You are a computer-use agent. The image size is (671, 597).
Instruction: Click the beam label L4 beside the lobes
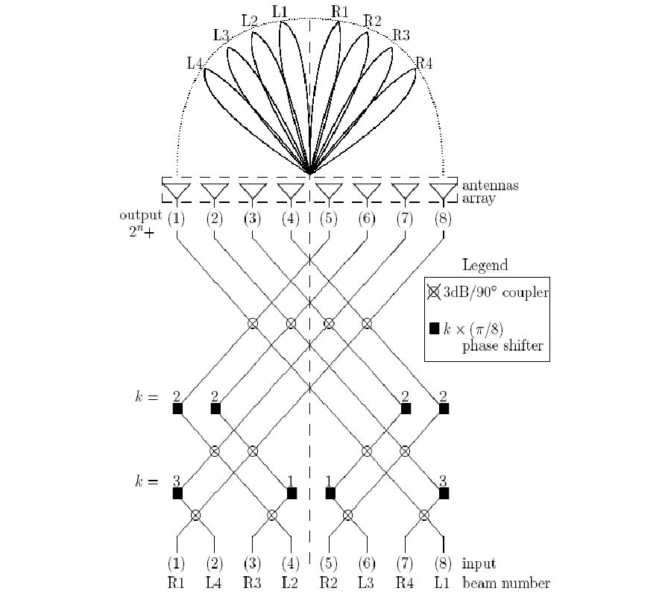[195, 63]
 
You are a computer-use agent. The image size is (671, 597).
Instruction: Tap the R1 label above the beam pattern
[341, 11]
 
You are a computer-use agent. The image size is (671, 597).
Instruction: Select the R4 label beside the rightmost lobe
[423, 63]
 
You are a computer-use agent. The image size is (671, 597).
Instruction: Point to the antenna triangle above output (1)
[177, 190]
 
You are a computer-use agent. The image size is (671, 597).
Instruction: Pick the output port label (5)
[329, 219]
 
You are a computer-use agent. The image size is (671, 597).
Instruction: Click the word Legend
[485, 265]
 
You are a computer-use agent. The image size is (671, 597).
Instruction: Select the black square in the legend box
[434, 327]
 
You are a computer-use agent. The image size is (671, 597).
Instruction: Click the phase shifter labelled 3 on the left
[177, 493]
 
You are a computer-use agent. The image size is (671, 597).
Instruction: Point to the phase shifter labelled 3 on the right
[444, 493]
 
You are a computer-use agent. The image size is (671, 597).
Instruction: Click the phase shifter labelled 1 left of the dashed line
[292, 493]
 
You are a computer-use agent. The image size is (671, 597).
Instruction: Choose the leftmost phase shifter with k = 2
[177, 409]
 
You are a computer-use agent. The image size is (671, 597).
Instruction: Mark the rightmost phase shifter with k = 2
[444, 409]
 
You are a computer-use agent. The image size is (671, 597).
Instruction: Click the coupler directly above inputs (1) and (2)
[196, 514]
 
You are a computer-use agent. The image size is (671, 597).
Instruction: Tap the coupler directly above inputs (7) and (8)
[424, 514]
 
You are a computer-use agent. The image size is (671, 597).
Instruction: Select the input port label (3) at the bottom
[253, 564]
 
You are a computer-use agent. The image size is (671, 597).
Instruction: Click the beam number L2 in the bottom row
[291, 583]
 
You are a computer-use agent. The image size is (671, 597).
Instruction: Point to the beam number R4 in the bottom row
[406, 583]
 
